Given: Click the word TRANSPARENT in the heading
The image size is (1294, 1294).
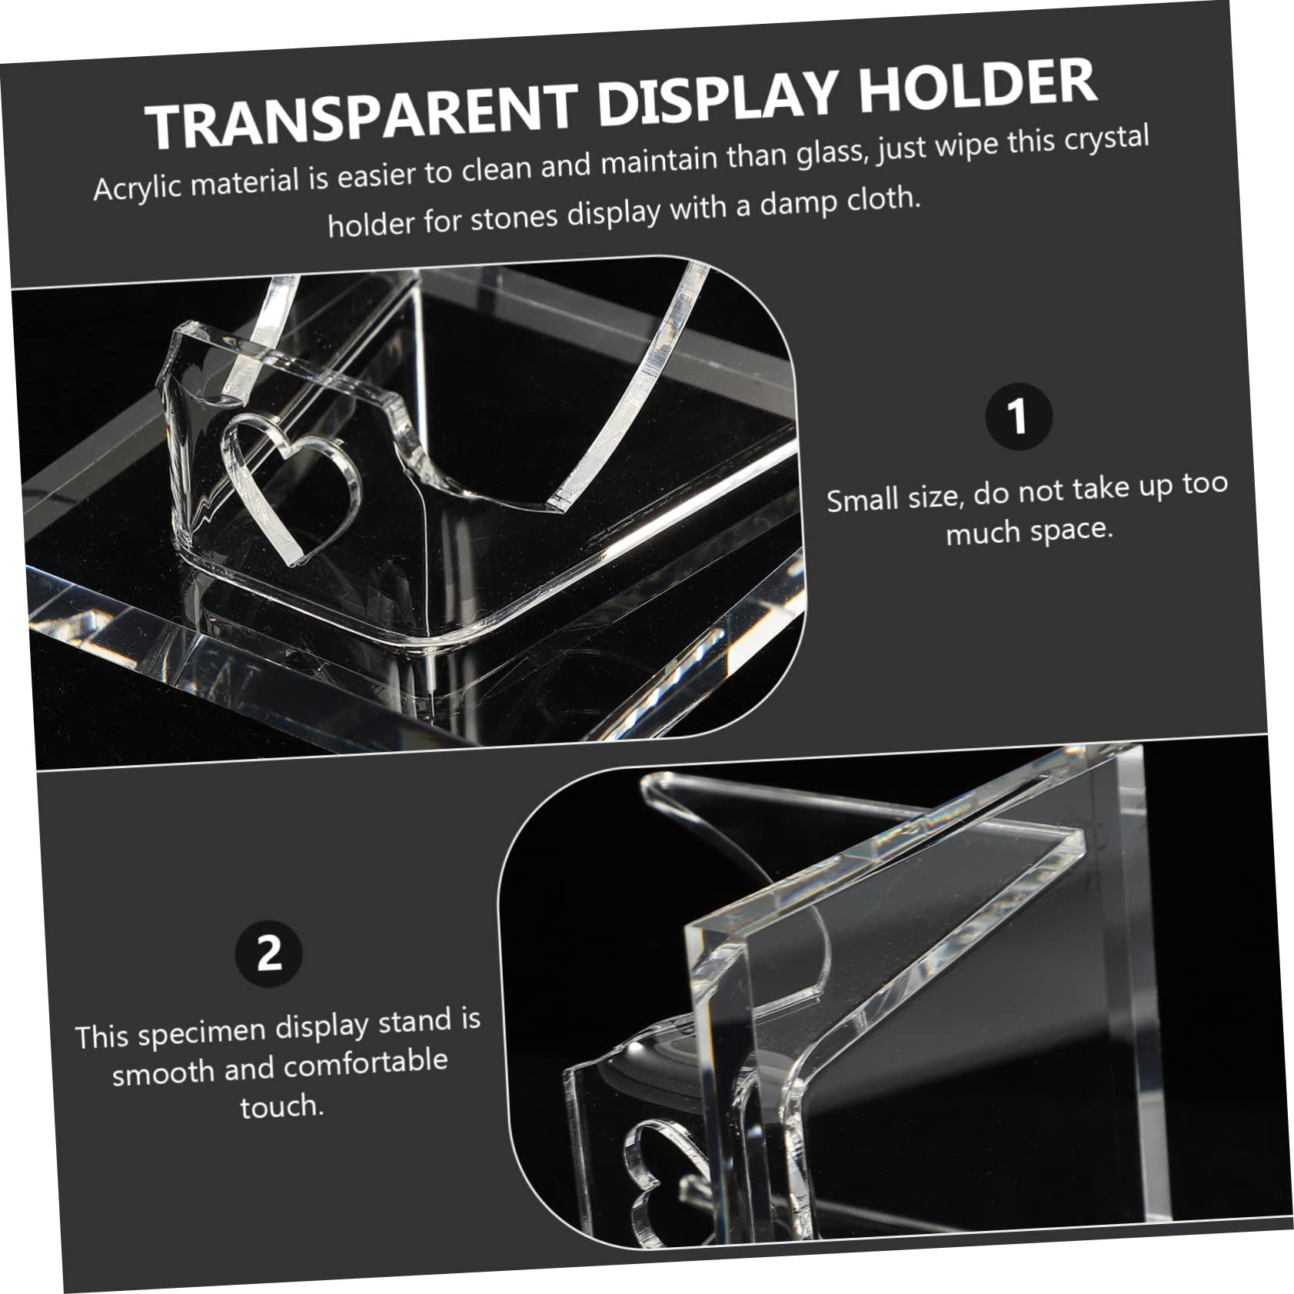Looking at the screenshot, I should [x=361, y=115].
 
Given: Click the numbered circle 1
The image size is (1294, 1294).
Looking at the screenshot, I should [x=1018, y=417].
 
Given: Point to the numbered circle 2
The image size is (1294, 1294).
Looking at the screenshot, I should [x=268, y=954].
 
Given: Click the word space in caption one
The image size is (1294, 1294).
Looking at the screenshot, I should [x=1073, y=529].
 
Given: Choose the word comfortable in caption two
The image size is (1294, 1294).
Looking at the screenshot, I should [x=365, y=1064].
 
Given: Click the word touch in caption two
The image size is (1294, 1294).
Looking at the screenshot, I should [x=281, y=1106].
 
